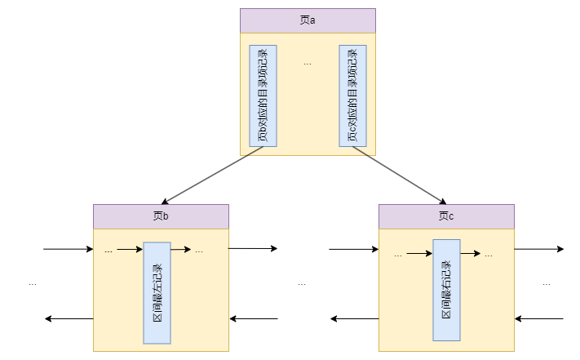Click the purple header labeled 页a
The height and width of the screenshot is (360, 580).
308,20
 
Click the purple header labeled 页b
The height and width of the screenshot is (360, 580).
161,216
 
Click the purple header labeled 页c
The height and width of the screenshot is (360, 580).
446,216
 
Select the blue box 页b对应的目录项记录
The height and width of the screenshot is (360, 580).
263,96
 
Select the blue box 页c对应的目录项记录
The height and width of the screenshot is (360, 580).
352,96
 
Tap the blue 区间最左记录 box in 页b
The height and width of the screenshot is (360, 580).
157,292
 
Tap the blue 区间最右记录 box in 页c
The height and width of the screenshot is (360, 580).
446,289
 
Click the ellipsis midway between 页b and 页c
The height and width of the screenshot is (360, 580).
302,283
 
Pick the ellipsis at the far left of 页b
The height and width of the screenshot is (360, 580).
33,283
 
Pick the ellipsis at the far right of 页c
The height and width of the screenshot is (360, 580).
547,283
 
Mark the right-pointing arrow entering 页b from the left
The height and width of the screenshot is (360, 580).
69,248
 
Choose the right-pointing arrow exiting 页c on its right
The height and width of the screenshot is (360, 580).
539,248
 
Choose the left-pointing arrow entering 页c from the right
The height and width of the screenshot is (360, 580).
539,318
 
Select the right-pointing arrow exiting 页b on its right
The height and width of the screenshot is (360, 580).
253,248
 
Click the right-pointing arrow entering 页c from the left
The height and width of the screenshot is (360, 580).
354,248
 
